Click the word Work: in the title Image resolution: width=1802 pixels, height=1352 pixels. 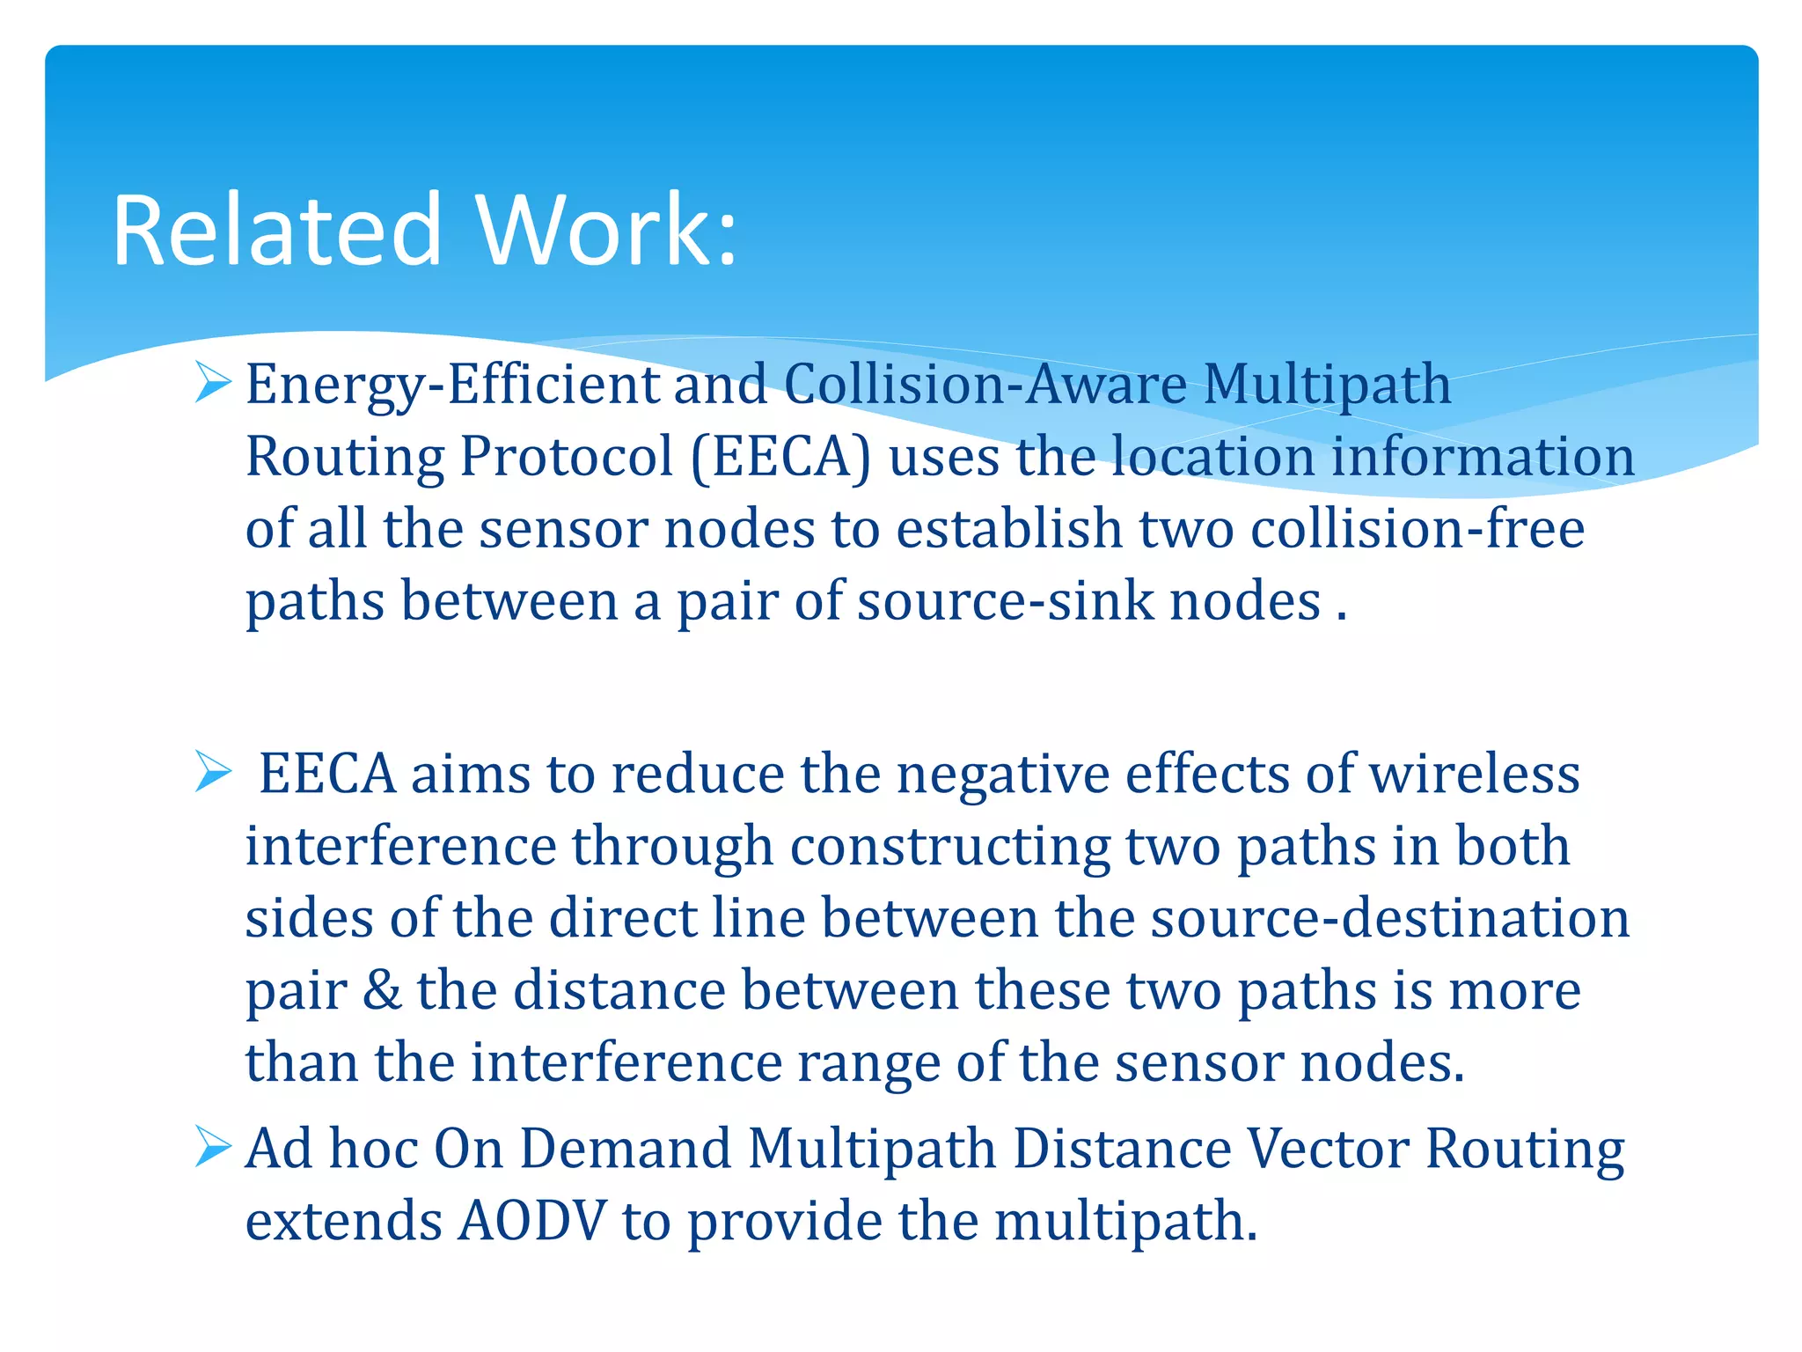pyautogui.click(x=606, y=231)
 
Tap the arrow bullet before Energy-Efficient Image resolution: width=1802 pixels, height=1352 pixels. pyautogui.click(x=212, y=383)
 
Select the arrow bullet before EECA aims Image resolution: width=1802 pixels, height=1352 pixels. pyautogui.click(x=212, y=772)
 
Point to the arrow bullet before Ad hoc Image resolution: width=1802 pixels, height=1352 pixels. pyautogui.click(x=212, y=1147)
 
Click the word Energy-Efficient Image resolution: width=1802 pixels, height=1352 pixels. pyautogui.click(x=451, y=385)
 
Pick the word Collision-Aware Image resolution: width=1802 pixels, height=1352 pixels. pyautogui.click(x=985, y=385)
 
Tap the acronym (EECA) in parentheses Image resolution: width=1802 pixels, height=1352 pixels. pyautogui.click(x=780, y=457)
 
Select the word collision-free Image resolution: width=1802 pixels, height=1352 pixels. pyautogui.click(x=1417, y=529)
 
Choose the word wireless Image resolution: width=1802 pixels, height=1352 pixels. pyautogui.click(x=1475, y=774)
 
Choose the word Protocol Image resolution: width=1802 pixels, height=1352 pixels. pyautogui.click(x=566, y=457)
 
